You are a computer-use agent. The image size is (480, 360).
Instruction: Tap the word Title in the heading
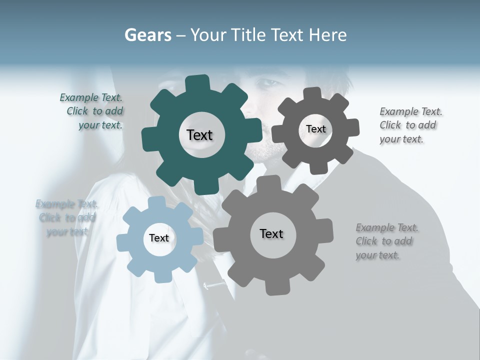[x=248, y=35]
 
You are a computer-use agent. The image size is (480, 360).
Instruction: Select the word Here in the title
[x=327, y=35]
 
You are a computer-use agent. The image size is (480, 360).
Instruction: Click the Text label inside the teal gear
[x=199, y=135]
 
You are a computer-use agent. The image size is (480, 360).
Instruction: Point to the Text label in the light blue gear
[x=159, y=238]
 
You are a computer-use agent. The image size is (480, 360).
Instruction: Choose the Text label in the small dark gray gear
[x=315, y=129]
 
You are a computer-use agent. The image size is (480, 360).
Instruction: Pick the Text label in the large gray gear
[x=271, y=234]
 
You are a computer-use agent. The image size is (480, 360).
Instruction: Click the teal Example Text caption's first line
[x=91, y=97]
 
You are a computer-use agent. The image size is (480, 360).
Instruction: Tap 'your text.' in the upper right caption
[x=401, y=139]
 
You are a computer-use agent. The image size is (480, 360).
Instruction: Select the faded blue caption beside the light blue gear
[x=66, y=218]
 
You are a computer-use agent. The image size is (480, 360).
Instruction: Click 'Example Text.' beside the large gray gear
[x=387, y=228]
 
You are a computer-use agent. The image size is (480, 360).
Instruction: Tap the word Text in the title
[x=287, y=35]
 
